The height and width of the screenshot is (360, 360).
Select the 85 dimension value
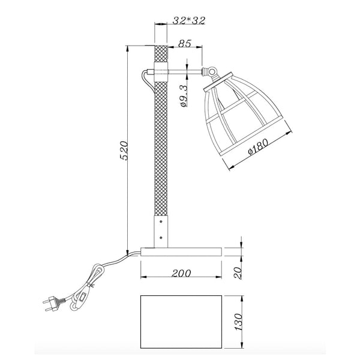coord(185,44)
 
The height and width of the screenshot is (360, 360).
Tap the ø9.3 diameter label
coord(184,96)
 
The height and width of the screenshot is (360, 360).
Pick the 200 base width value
coord(182,273)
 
